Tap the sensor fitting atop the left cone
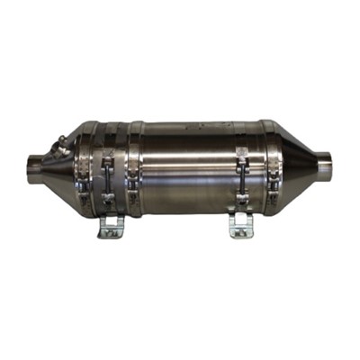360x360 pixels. tap(59, 144)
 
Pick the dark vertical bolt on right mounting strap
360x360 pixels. tap(241, 184)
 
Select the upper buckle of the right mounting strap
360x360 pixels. tap(241, 163)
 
